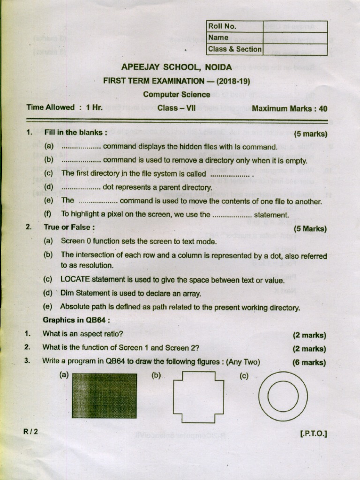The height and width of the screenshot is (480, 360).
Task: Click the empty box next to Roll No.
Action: [295, 26]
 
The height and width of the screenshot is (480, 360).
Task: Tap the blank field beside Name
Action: [295, 37]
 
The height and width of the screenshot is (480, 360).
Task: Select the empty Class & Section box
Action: [295, 49]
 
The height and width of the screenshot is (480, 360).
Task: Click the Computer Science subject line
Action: [177, 94]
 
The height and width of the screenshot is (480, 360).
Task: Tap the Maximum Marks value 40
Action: [322, 109]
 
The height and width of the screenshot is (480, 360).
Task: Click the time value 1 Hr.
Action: [94, 107]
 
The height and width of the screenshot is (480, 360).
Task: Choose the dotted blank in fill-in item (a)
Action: [81, 147]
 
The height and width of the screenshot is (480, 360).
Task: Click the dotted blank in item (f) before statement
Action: [232, 215]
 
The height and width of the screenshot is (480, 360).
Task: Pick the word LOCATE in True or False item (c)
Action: [75, 280]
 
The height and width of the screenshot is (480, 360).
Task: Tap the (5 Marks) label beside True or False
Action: [309, 229]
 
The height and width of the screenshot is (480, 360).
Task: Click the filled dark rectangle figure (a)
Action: [105, 395]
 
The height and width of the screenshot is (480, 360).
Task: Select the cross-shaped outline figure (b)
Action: [195, 395]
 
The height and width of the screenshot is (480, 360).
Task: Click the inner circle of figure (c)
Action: [283, 396]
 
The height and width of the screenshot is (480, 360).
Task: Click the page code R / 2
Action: [30, 431]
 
